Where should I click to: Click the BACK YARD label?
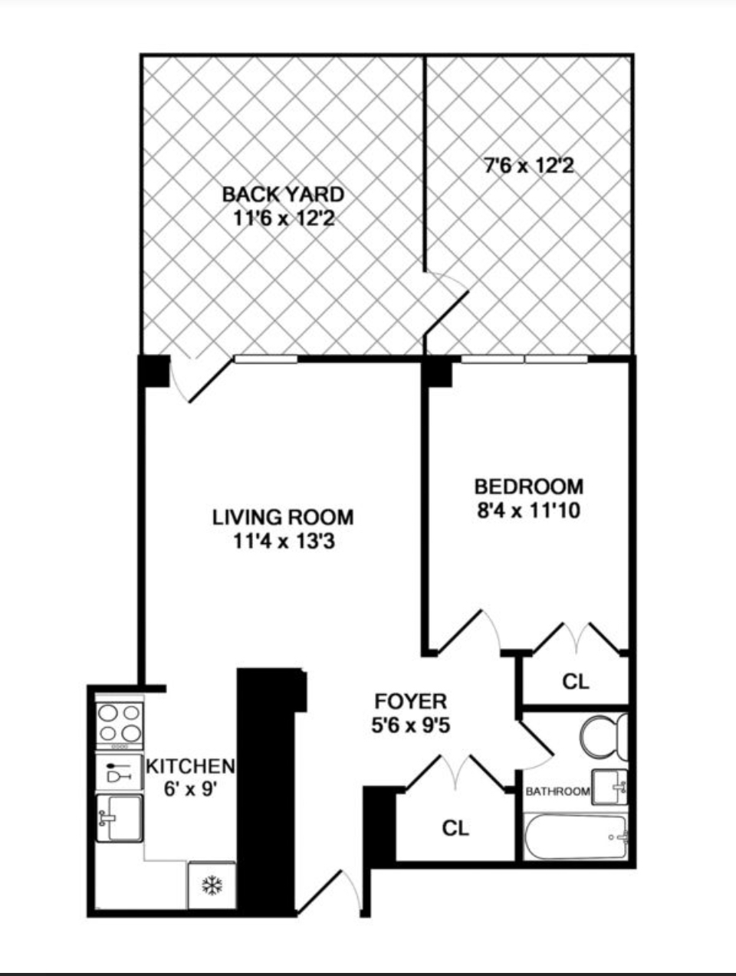tap(283, 194)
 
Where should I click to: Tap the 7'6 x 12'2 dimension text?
tap(528, 165)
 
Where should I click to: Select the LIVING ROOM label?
tap(283, 517)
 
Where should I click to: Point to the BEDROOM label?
tap(528, 486)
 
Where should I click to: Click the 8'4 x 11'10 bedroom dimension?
tap(528, 509)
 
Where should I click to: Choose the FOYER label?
tap(410, 701)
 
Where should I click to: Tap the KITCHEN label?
tap(190, 765)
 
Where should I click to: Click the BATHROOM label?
tap(557, 791)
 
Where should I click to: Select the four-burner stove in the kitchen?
tap(120, 724)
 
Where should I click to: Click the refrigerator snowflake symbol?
tap(211, 886)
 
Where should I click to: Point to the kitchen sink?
tap(119, 818)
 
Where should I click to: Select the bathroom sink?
tap(611, 787)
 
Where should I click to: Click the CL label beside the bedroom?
tap(575, 681)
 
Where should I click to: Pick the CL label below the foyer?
tap(455, 827)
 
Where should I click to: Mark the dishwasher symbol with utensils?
tap(119, 771)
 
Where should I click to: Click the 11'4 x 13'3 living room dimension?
tap(284, 542)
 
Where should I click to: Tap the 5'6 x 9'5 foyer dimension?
tap(410, 725)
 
